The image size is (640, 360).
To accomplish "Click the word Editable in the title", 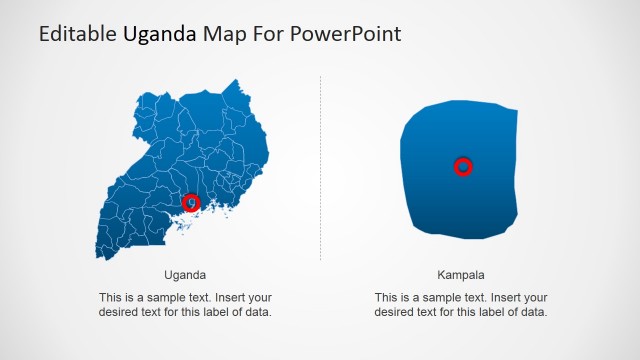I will [x=78, y=34].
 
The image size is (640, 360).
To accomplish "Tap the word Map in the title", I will [x=222, y=34].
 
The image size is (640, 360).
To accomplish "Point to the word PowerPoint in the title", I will [x=349, y=34].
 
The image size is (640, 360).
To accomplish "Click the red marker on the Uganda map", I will [x=191, y=203].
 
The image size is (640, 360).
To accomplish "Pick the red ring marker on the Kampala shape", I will [x=463, y=166].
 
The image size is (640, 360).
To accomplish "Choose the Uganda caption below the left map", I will [x=185, y=274].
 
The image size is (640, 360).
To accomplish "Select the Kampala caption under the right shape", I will [x=460, y=274].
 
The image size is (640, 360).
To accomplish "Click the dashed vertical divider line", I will [x=321, y=170].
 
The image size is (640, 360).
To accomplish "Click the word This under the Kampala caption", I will [x=386, y=298].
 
